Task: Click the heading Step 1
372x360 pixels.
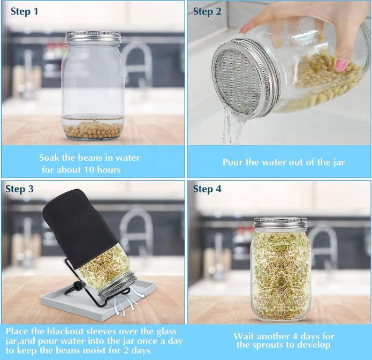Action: coord(24,11)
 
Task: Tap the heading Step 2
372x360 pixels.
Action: coord(207,11)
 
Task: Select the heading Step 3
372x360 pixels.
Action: coord(19,189)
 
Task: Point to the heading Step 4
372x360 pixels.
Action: coord(207,189)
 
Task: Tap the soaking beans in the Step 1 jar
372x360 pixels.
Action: coord(93,130)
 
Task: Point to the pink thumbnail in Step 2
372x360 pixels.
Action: coord(341,65)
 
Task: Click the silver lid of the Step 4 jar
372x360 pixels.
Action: coord(280,223)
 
